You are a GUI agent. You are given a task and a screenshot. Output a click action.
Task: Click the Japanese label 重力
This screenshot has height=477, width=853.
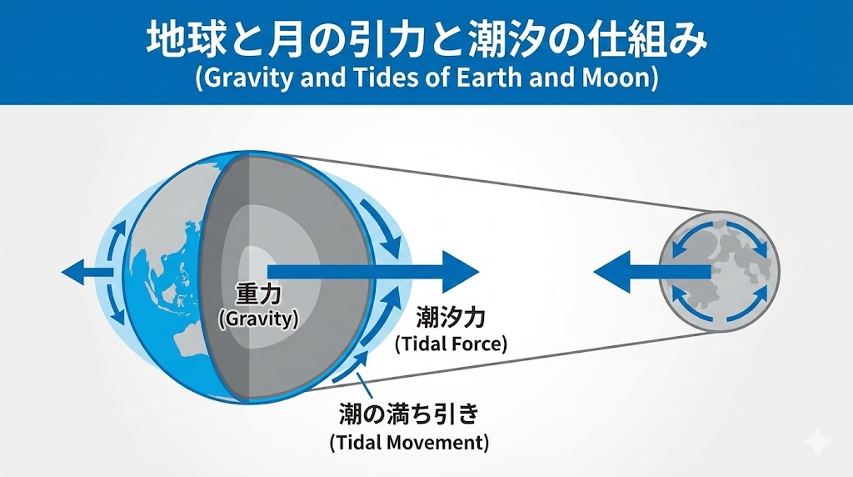257,294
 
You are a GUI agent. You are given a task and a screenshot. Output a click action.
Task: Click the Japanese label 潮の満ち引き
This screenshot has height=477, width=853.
408,414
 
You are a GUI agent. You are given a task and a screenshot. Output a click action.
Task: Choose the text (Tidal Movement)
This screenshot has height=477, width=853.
408,441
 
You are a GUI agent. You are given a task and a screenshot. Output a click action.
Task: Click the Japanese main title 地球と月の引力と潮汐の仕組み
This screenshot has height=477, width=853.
426,39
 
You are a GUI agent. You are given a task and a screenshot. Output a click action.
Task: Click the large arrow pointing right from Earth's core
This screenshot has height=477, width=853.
375,272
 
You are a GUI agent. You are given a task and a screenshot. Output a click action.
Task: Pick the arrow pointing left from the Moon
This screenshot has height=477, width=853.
650,272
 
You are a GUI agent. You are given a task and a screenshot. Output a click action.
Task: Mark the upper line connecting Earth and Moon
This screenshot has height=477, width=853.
500,183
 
